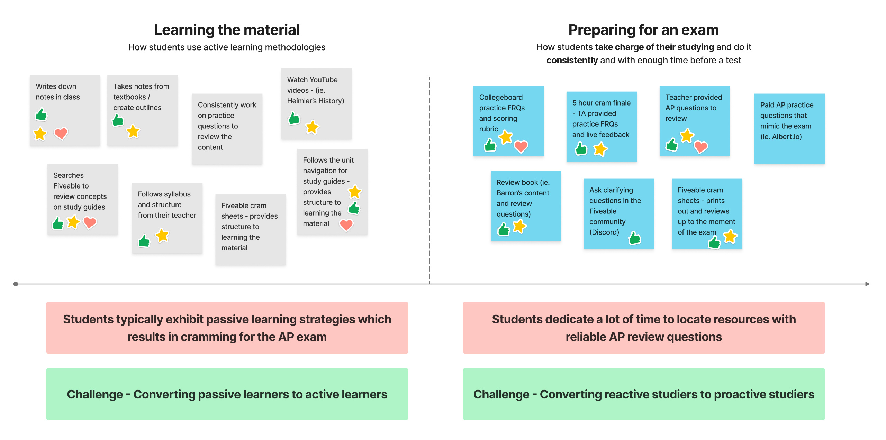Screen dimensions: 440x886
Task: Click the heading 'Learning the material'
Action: pyautogui.click(x=227, y=30)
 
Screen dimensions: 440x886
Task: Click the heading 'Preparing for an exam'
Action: pyautogui.click(x=643, y=30)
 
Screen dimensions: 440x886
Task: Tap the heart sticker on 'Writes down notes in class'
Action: pyautogui.click(x=61, y=133)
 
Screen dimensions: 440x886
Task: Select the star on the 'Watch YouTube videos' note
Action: pyautogui.click(x=312, y=127)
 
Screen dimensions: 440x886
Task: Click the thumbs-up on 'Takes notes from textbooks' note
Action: pyautogui.click(x=118, y=120)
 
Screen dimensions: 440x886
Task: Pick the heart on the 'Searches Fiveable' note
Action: pyautogui.click(x=90, y=222)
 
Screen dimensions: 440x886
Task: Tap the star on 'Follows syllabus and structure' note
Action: pyautogui.click(x=162, y=236)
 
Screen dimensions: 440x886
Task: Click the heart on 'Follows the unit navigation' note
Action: pyautogui.click(x=346, y=225)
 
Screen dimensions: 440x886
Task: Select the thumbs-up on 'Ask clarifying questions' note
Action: pyautogui.click(x=635, y=238)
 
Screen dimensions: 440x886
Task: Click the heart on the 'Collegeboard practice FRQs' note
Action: pyautogui.click(x=521, y=146)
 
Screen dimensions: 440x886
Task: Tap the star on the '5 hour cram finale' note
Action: pyautogui.click(x=600, y=149)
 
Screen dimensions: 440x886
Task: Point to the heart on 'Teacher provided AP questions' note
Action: pyautogui.click(x=701, y=147)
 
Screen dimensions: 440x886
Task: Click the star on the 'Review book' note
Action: pyautogui.click(x=519, y=227)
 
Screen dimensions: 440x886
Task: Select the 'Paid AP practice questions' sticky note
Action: pyautogui.click(x=789, y=128)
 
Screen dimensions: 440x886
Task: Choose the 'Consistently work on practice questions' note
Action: pyautogui.click(x=227, y=128)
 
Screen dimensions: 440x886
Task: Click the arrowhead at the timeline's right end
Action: pyautogui.click(x=867, y=284)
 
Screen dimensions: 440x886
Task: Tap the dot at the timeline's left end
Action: pyautogui.click(x=16, y=284)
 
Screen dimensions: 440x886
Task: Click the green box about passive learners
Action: pyautogui.click(x=227, y=394)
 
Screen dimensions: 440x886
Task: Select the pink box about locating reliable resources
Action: pyautogui.click(x=644, y=328)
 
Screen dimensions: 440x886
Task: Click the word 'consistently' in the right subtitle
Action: pyautogui.click(x=572, y=61)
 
